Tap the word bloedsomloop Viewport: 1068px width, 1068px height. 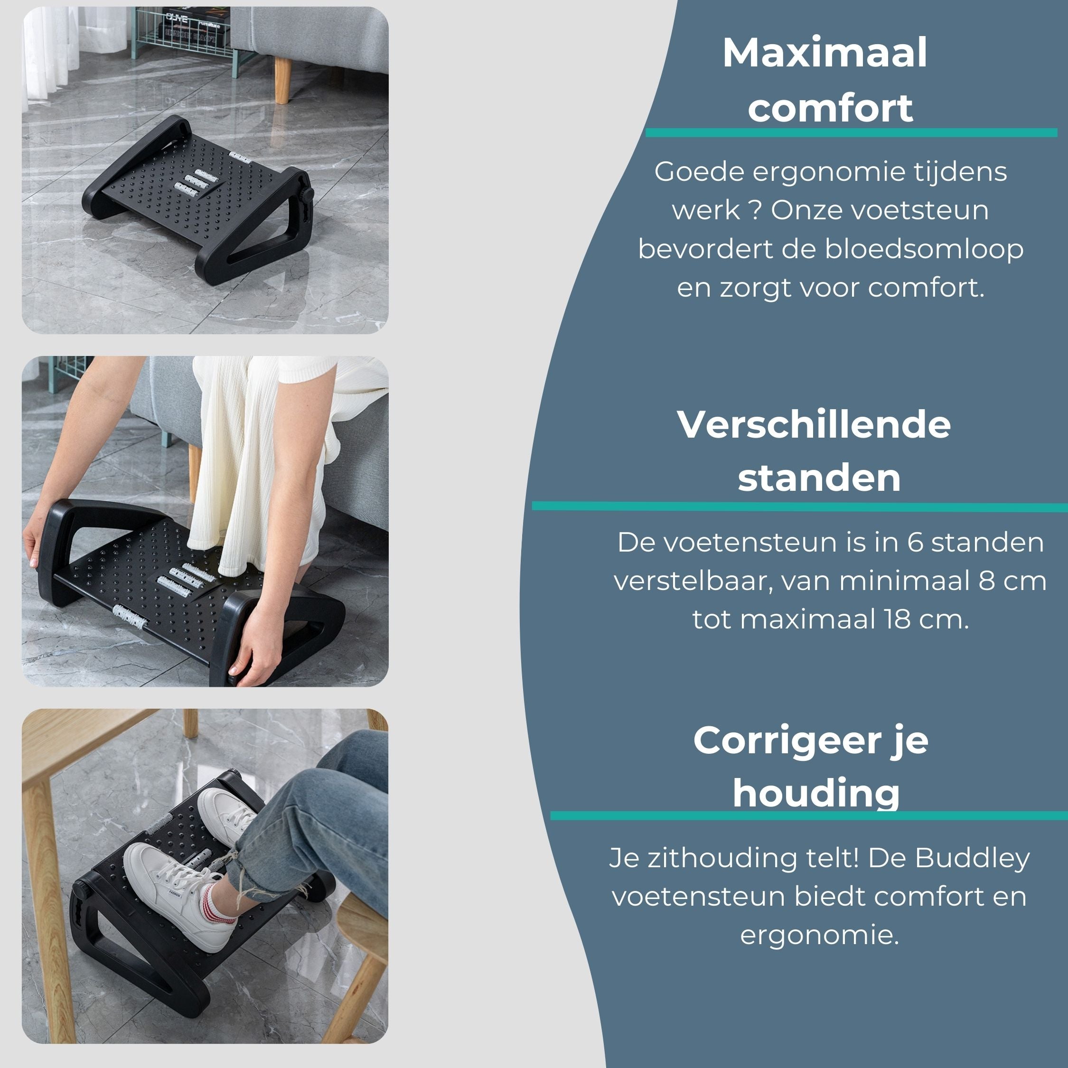point(924,250)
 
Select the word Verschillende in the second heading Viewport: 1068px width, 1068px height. point(814,425)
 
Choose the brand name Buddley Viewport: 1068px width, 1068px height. point(972,858)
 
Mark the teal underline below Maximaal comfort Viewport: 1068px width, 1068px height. point(851,133)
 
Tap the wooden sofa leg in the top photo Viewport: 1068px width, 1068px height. point(282,80)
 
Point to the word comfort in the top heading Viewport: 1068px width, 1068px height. point(830,108)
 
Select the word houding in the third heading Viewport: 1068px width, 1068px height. point(816,794)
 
